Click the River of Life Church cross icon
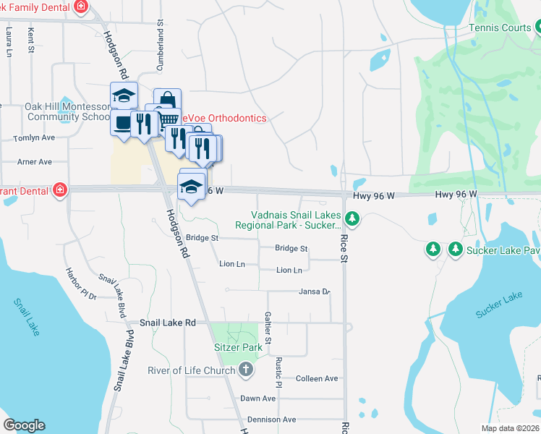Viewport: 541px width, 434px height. click(245, 370)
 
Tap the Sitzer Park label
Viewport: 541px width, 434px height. click(237, 347)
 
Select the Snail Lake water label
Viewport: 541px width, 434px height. click(26, 317)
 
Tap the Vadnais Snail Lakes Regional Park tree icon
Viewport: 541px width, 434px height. click(352, 218)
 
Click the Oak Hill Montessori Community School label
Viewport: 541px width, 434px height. click(67, 111)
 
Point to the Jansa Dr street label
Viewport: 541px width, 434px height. click(314, 292)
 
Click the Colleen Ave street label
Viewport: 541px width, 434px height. click(317, 378)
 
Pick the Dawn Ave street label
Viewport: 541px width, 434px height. click(258, 399)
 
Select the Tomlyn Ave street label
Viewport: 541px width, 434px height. click(35, 137)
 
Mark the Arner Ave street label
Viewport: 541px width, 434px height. click(35, 162)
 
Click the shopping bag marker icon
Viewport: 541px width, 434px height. click(167, 100)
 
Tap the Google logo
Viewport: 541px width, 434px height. click(24, 425)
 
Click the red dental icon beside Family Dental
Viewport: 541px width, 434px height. click(82, 6)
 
